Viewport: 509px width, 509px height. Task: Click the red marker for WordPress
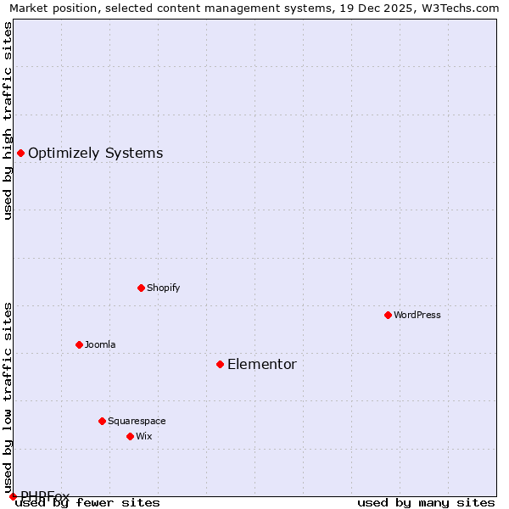point(388,315)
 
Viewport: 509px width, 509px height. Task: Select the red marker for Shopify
point(141,288)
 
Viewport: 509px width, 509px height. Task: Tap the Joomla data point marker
point(79,344)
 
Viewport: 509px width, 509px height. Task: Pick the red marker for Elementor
point(220,364)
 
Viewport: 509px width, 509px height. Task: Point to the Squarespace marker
point(102,421)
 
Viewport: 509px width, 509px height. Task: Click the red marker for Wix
point(130,436)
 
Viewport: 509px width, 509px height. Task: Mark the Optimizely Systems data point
point(20,153)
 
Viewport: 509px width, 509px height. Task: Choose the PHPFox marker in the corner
point(13,496)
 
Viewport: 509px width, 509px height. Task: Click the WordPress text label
point(417,315)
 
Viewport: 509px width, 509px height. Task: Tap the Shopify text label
point(164,288)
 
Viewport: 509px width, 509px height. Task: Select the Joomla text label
point(100,344)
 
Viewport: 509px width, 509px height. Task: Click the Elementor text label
point(262,365)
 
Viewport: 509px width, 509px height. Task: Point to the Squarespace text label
point(137,421)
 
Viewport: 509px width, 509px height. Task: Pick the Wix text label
point(144,436)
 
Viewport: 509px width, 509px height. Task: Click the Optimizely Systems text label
point(96,154)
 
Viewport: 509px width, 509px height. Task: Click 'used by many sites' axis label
point(426,502)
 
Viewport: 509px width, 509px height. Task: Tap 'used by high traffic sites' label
point(8,120)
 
